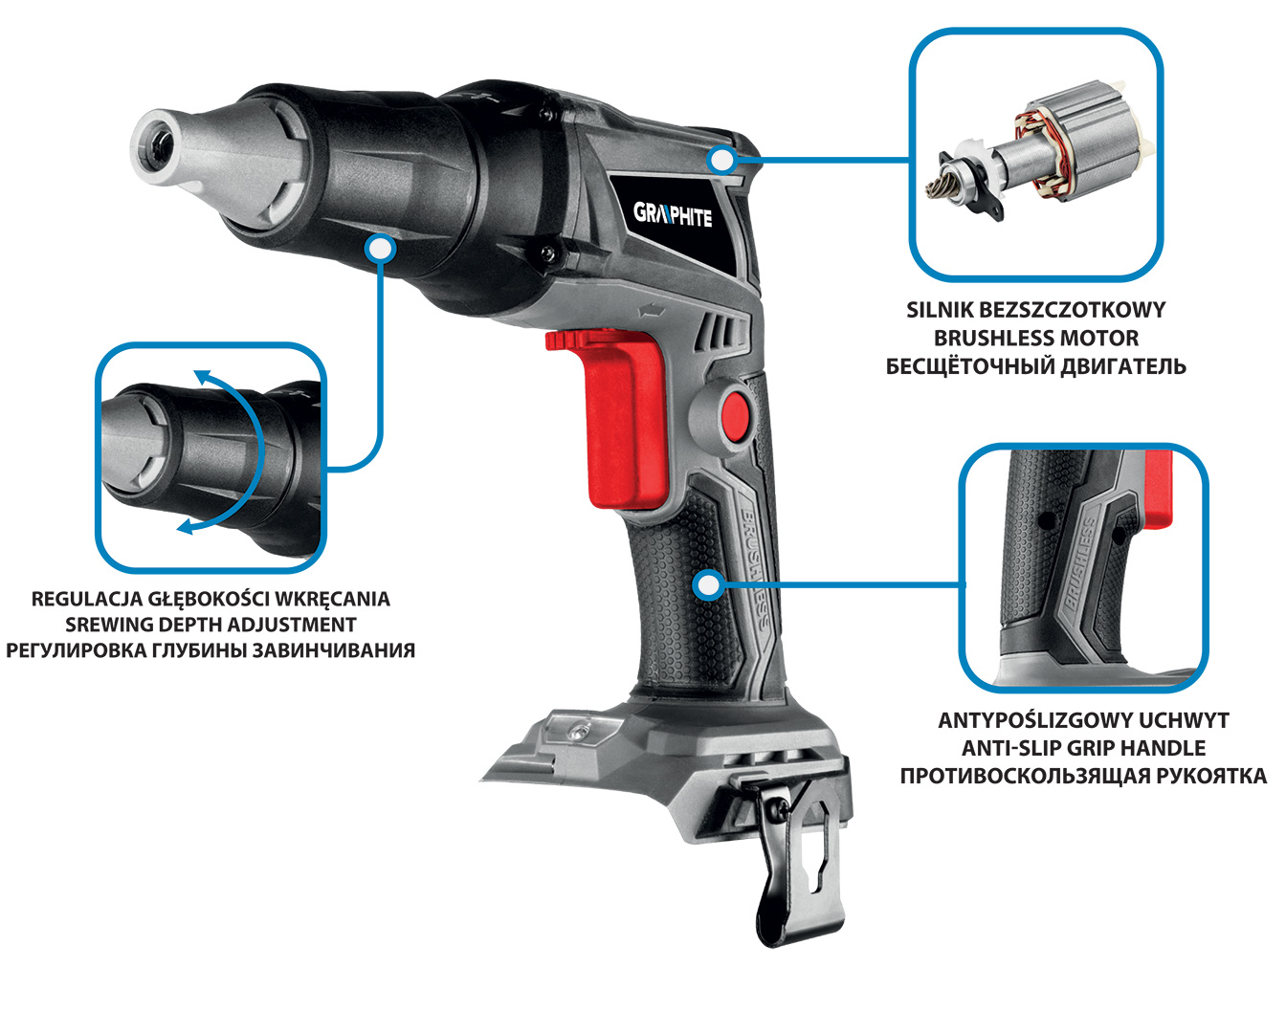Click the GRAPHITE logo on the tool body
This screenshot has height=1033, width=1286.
point(673,214)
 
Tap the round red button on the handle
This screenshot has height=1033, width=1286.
point(735,415)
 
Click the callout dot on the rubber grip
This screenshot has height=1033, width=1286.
point(709,585)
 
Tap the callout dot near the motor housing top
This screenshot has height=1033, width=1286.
point(721,160)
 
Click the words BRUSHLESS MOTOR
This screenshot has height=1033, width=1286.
point(1036,339)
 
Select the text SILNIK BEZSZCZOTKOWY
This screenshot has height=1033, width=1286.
point(1036,310)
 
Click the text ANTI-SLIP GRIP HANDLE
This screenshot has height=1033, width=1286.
point(1083,747)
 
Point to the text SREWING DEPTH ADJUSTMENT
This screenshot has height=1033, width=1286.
point(211,625)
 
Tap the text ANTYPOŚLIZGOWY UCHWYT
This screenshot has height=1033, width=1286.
point(1083,719)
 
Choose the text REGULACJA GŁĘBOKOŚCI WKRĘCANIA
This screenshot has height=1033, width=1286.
point(211,599)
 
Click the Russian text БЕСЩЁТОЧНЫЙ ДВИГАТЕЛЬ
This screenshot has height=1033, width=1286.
point(1036,366)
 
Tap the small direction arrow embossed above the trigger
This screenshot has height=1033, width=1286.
point(652,311)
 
